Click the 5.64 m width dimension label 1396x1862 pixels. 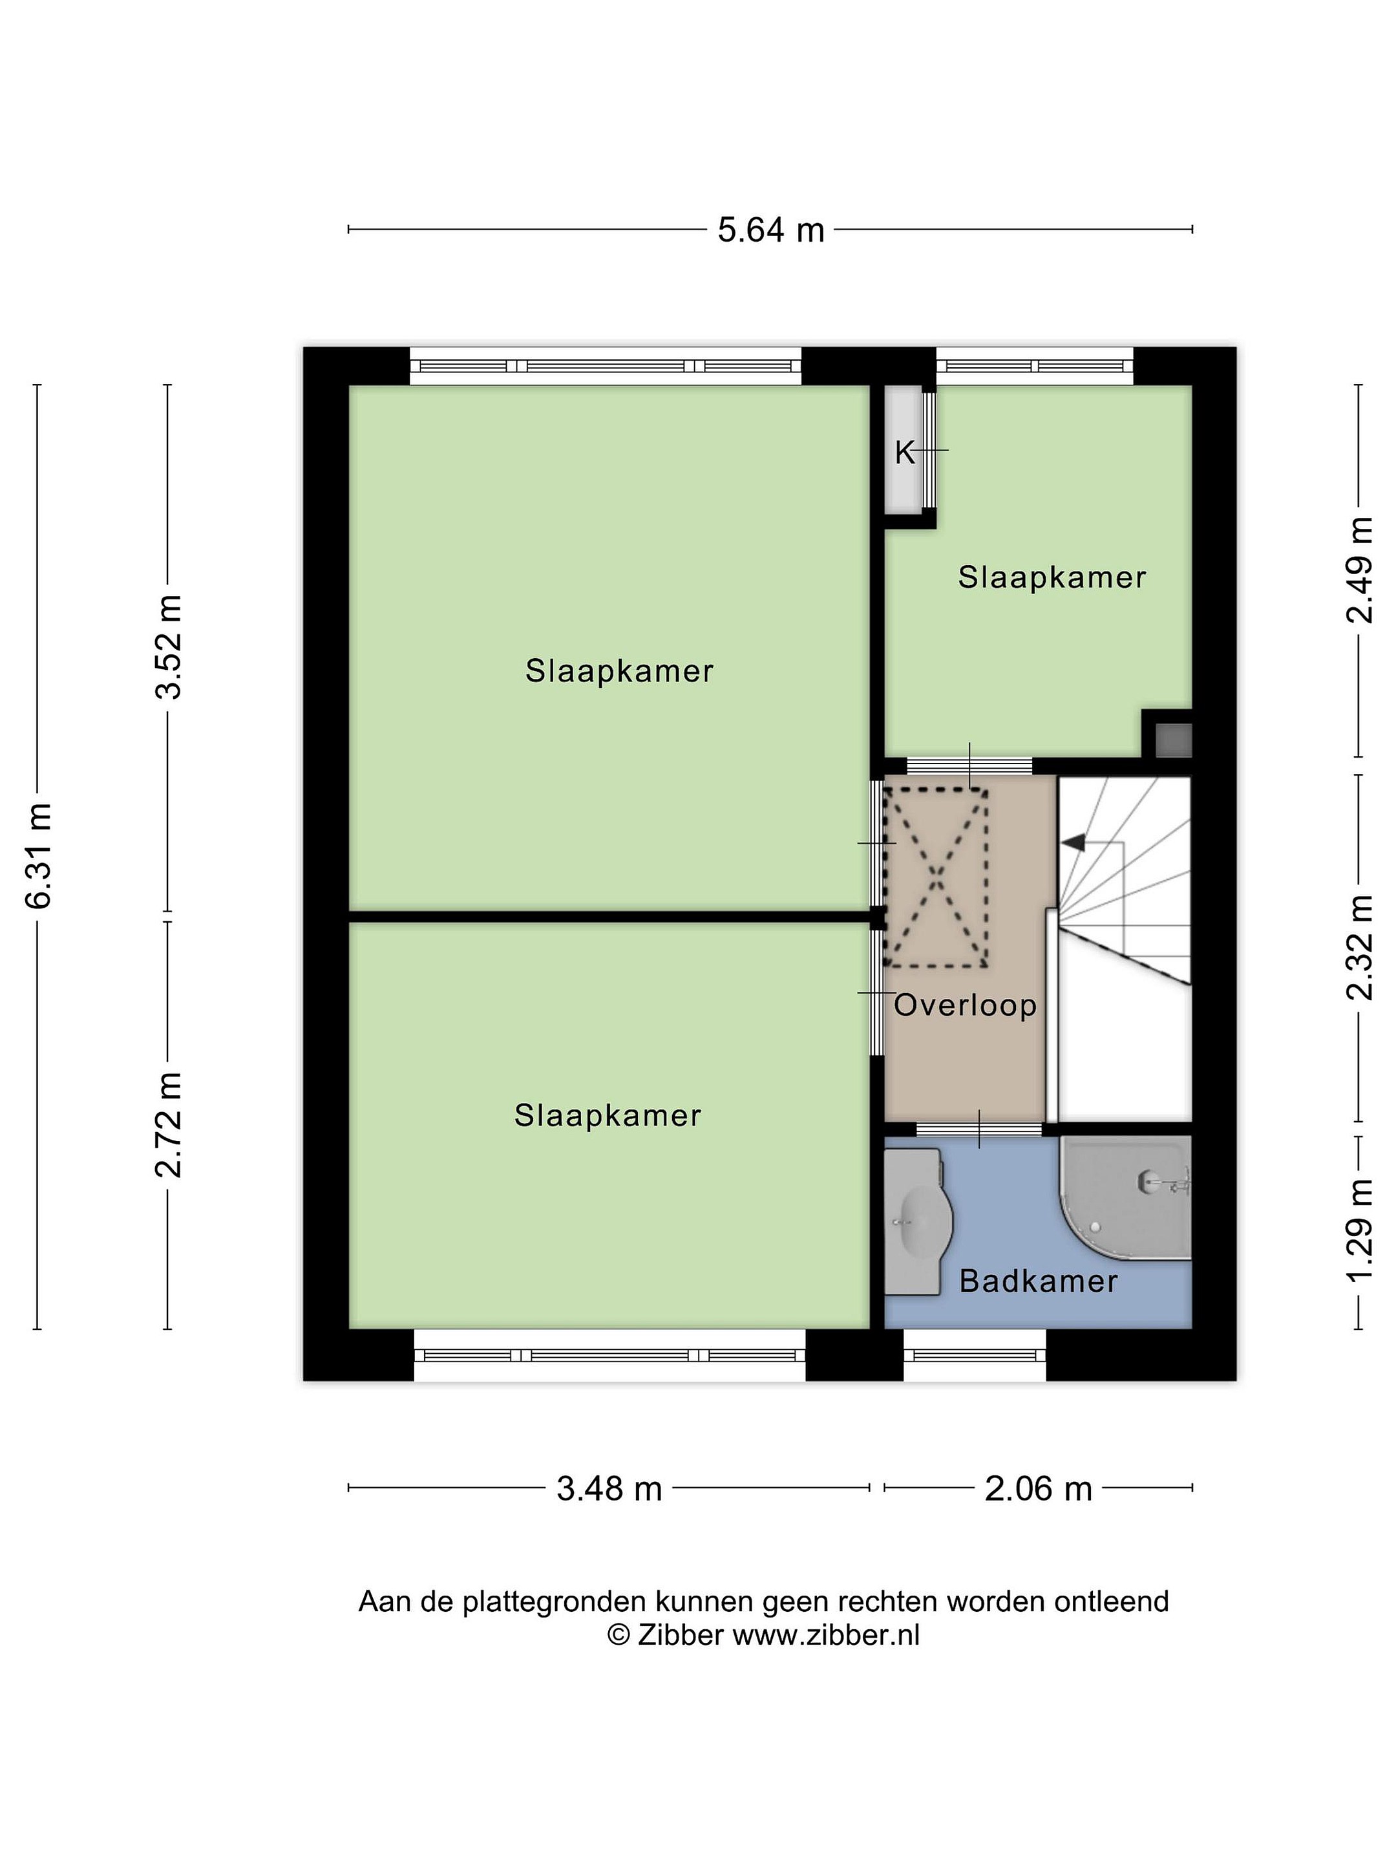[x=770, y=229]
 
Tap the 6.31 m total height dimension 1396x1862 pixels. [x=39, y=855]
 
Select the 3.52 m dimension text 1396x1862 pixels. [x=168, y=647]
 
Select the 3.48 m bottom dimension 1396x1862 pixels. [x=609, y=1488]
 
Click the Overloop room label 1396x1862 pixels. [x=965, y=1005]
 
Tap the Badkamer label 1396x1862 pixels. [x=1039, y=1281]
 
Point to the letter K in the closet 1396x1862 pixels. [x=904, y=453]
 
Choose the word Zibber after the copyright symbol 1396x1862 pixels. [x=680, y=1634]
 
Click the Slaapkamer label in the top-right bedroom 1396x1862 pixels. [x=1052, y=577]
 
